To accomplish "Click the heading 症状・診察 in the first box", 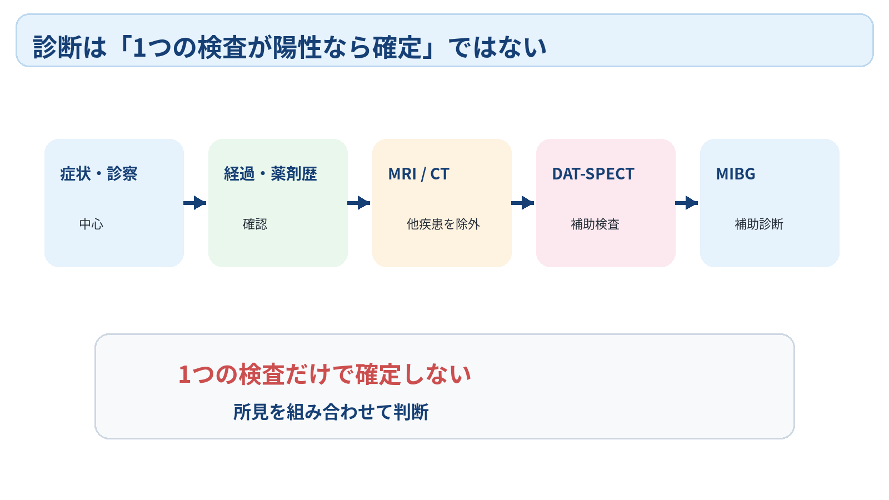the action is click(x=99, y=174).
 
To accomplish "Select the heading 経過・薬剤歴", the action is click(x=271, y=174).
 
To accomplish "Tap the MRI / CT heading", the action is click(x=419, y=174).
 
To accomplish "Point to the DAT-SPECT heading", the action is click(x=593, y=174).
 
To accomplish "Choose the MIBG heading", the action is click(x=736, y=174).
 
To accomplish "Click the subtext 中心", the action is click(x=91, y=224).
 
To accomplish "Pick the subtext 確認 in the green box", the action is click(x=255, y=224).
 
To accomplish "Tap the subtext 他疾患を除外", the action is click(x=443, y=224).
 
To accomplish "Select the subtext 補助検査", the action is click(x=595, y=224).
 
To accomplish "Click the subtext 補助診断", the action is click(x=759, y=224).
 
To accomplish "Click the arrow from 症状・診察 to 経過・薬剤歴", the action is click(x=195, y=203).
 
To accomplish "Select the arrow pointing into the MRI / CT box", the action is click(x=359, y=203).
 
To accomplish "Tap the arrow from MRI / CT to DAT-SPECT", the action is click(x=523, y=203).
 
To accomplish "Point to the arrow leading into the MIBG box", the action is click(x=687, y=203).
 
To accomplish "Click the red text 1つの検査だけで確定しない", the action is click(x=324, y=374).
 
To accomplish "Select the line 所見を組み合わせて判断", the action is click(x=331, y=412).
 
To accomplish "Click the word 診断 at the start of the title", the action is click(x=57, y=47).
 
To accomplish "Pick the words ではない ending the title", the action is click(x=498, y=47).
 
